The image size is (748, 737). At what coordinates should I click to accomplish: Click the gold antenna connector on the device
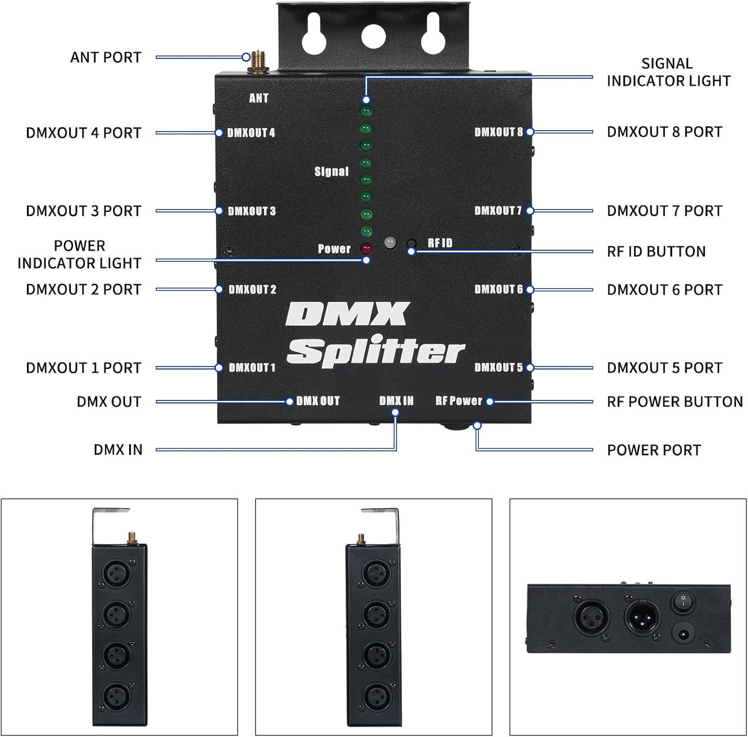[258, 62]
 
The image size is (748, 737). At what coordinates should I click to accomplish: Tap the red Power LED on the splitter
[367, 248]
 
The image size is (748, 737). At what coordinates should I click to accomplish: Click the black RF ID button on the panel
[411, 243]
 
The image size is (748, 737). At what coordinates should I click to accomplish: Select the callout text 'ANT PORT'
[106, 57]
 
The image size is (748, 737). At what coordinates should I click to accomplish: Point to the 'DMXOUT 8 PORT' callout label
[664, 132]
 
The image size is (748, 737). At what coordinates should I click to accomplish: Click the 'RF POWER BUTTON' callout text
[674, 402]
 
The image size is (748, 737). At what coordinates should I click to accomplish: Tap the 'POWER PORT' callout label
[653, 450]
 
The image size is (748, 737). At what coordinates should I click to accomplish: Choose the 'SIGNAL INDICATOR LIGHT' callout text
[668, 72]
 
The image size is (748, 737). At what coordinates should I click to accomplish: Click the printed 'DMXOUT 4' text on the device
[251, 133]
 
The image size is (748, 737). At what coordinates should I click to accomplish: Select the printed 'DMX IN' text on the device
[396, 401]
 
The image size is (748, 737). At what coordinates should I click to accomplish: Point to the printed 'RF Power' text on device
[459, 401]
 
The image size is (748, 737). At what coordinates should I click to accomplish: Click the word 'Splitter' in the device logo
[375, 352]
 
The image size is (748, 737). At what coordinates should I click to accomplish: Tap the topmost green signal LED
[367, 111]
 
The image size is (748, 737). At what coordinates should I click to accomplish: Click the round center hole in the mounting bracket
[374, 36]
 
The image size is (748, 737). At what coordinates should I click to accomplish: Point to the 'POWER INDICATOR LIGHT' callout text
[79, 254]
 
